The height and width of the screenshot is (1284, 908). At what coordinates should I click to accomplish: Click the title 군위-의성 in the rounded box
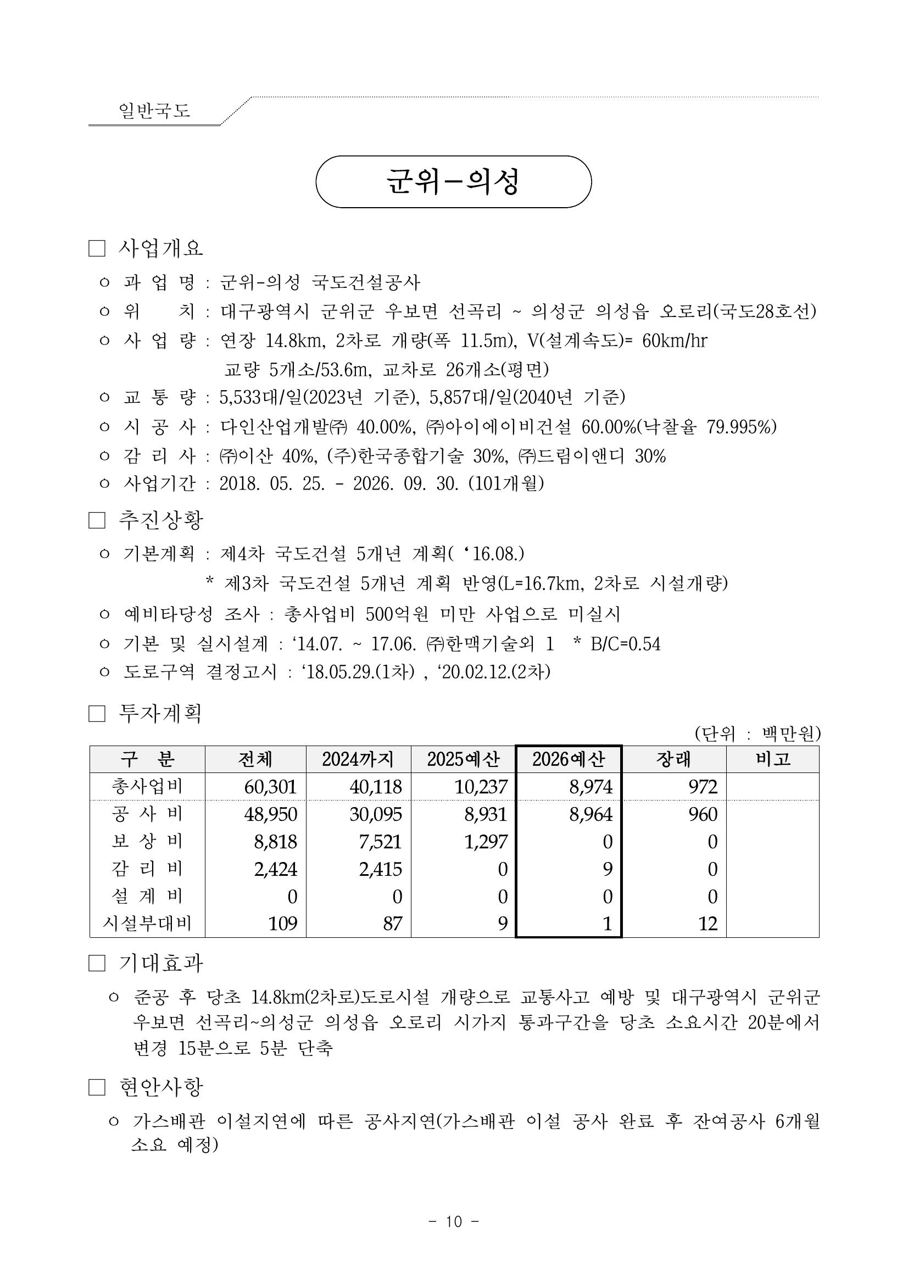click(x=453, y=182)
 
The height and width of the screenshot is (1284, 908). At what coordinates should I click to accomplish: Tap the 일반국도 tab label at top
click(x=154, y=110)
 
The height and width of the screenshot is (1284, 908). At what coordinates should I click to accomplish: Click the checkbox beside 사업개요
click(x=97, y=249)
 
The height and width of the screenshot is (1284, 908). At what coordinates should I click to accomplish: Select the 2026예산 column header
click(x=568, y=759)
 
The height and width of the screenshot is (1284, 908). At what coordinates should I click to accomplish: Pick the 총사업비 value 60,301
click(x=270, y=787)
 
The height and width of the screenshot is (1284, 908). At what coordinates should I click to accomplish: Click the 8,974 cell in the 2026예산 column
click(x=591, y=787)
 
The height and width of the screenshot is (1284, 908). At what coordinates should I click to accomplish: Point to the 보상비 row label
click(x=147, y=841)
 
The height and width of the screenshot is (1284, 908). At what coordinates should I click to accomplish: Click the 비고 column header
click(x=773, y=759)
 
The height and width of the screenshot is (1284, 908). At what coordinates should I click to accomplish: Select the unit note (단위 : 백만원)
click(x=757, y=733)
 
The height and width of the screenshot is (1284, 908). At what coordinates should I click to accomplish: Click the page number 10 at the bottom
click(x=453, y=1222)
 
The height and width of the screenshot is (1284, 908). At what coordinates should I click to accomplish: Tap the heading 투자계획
click(x=160, y=714)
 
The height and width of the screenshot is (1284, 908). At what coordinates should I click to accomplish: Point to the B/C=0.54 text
click(x=625, y=644)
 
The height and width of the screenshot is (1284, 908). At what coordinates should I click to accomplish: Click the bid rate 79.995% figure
click(x=741, y=427)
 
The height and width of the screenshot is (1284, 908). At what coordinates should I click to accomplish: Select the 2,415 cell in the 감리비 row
click(x=380, y=869)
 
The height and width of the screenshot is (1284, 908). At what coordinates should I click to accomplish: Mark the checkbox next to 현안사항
click(x=97, y=1087)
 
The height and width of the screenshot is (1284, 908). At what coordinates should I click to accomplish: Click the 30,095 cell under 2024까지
click(x=376, y=814)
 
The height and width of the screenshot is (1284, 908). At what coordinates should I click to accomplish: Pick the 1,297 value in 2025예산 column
click(x=486, y=842)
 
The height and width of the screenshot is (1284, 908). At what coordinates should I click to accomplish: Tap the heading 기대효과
click(x=160, y=963)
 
